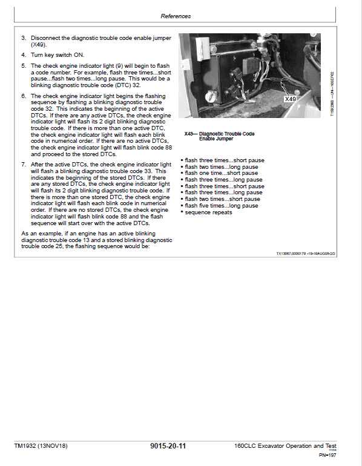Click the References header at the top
click(x=176, y=16)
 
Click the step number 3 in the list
click(x=23, y=38)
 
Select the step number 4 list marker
click(x=23, y=54)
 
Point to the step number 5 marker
click(x=23, y=65)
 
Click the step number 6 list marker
click(x=23, y=96)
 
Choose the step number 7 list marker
click(x=23, y=164)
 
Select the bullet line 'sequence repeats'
click(x=208, y=212)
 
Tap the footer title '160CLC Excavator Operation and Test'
click(x=285, y=446)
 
